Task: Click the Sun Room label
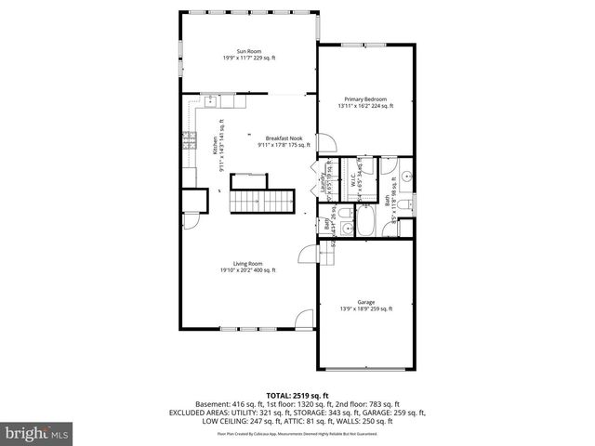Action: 248,52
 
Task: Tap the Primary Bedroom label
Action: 364,99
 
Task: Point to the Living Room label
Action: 248,264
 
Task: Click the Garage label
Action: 365,301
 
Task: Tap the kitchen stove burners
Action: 190,141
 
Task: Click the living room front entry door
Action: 304,321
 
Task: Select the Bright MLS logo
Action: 36,432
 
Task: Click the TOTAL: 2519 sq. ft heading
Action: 297,395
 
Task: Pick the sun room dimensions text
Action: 248,59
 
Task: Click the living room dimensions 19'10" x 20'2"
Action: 248,270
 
